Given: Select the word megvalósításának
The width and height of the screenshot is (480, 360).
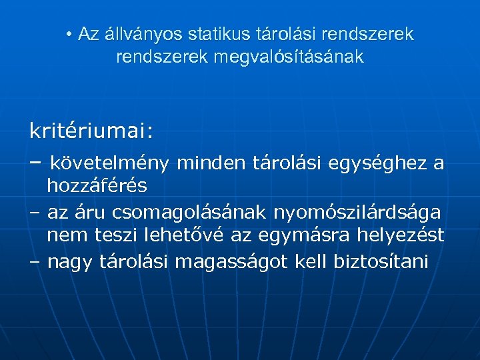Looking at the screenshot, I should tap(289, 57).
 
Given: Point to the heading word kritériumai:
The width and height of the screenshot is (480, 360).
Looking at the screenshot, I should tap(91, 131).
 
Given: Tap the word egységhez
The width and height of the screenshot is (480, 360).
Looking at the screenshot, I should tap(382, 163).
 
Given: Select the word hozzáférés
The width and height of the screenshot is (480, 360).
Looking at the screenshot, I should tap(97, 186).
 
